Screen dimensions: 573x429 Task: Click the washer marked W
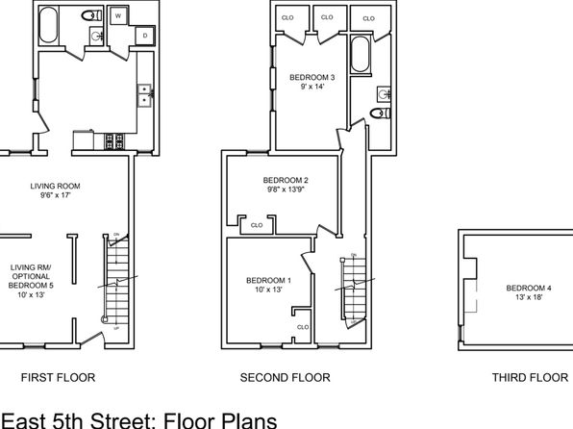point(118,15)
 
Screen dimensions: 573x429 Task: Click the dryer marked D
point(145,36)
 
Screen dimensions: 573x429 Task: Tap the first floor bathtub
point(49,25)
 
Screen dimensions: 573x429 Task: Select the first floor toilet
point(91,15)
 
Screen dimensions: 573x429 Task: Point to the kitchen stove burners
point(114,141)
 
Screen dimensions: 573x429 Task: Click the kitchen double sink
point(145,95)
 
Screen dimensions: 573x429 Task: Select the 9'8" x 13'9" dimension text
point(286,189)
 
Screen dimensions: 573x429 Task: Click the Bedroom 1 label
point(268,281)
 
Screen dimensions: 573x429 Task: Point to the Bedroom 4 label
point(529,289)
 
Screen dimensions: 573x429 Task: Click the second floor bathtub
point(360,54)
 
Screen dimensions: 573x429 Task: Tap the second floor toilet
point(380,113)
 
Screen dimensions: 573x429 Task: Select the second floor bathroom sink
point(384,94)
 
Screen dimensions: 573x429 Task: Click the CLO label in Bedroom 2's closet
point(257,225)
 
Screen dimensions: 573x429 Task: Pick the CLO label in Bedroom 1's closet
point(303,327)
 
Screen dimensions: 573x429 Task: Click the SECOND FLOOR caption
point(285,377)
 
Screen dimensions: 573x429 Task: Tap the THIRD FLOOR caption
point(530,377)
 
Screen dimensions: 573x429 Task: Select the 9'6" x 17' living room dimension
point(55,195)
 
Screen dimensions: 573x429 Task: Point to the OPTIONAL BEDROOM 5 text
point(31,281)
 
